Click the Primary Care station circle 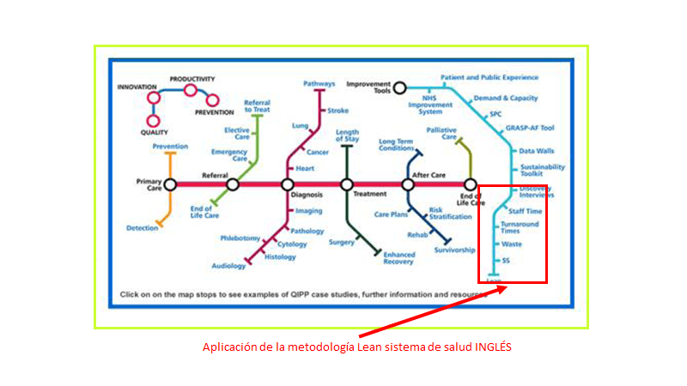170,184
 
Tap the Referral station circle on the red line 232,184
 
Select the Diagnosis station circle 287,184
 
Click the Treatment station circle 347,184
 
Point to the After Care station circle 409,184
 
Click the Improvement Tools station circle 400,86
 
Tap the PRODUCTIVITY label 192,79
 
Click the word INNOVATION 137,87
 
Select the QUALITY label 155,132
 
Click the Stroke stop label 337,111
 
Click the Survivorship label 454,250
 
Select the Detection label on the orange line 142,227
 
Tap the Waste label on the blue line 512,244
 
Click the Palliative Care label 441,133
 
